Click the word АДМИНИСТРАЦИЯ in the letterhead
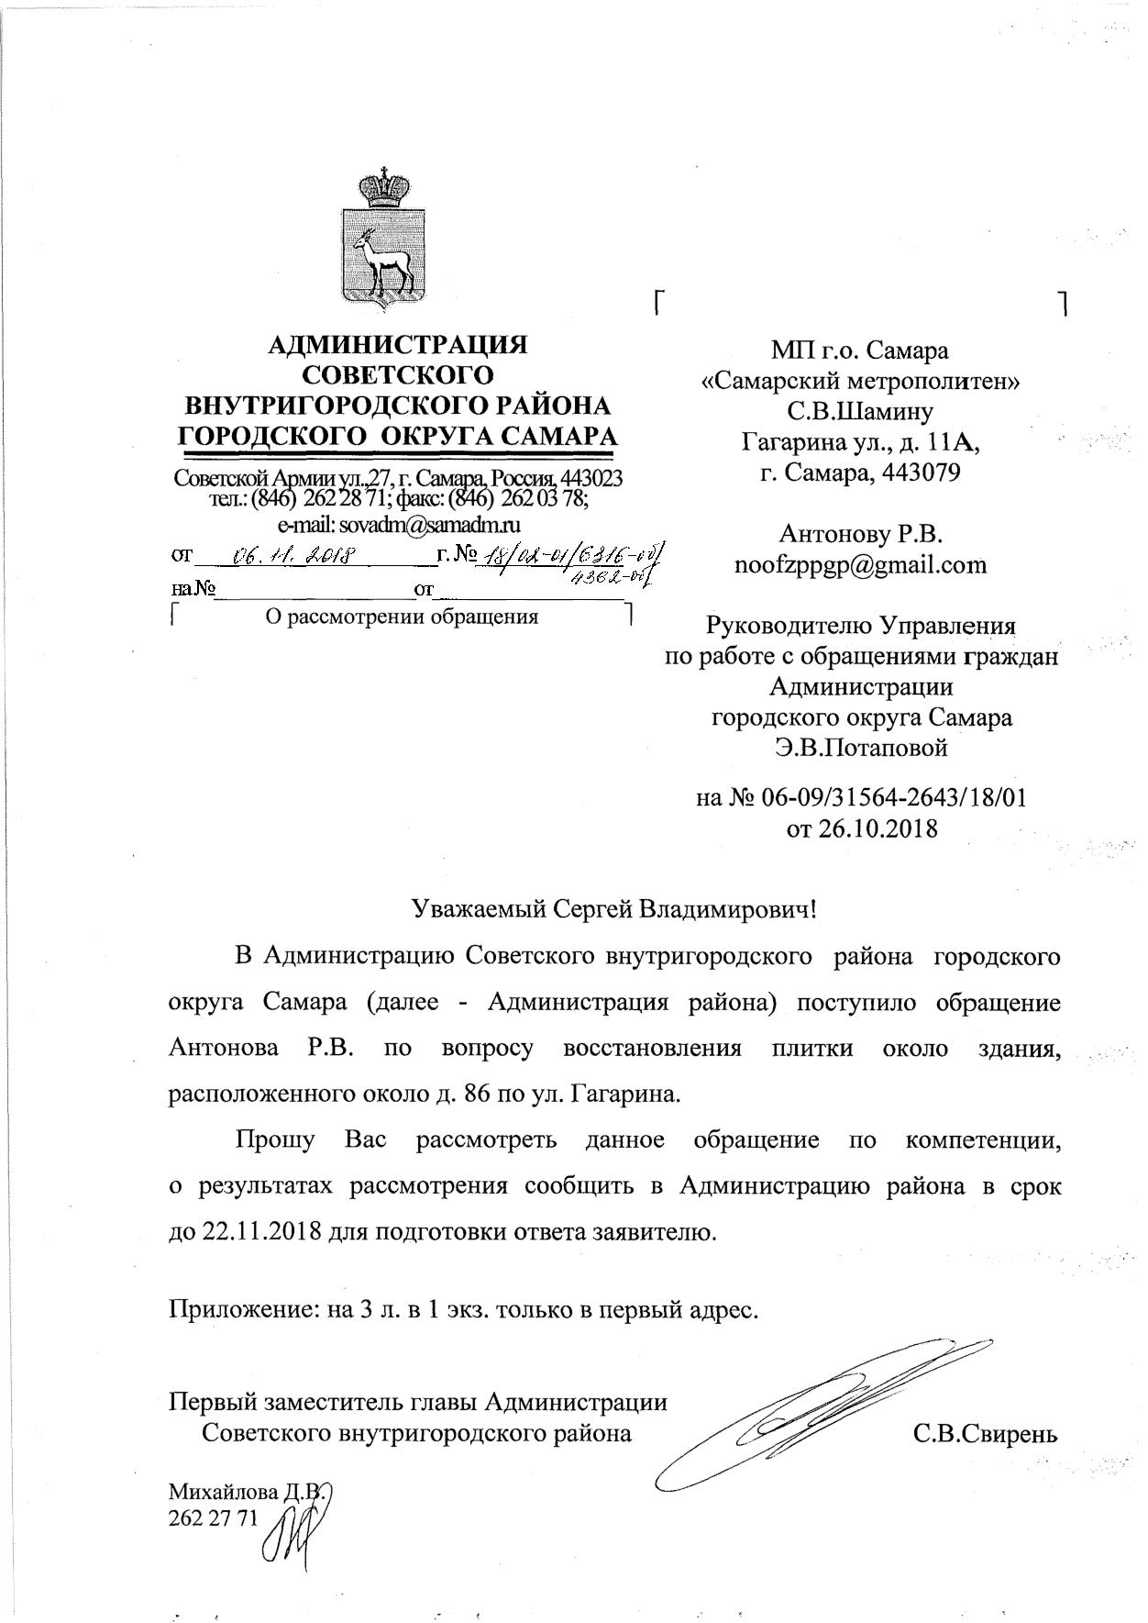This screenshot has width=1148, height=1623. tap(397, 345)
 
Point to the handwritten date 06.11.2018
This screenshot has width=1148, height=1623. tap(293, 555)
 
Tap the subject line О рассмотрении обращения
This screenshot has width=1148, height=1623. tap(401, 616)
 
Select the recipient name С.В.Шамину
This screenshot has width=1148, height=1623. tap(860, 411)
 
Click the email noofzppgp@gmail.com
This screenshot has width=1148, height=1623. tap(860, 564)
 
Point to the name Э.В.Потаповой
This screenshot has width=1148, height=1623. tap(860, 748)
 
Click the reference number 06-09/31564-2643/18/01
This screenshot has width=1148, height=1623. tap(893, 797)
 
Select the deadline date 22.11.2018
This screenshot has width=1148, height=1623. tap(259, 1231)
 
